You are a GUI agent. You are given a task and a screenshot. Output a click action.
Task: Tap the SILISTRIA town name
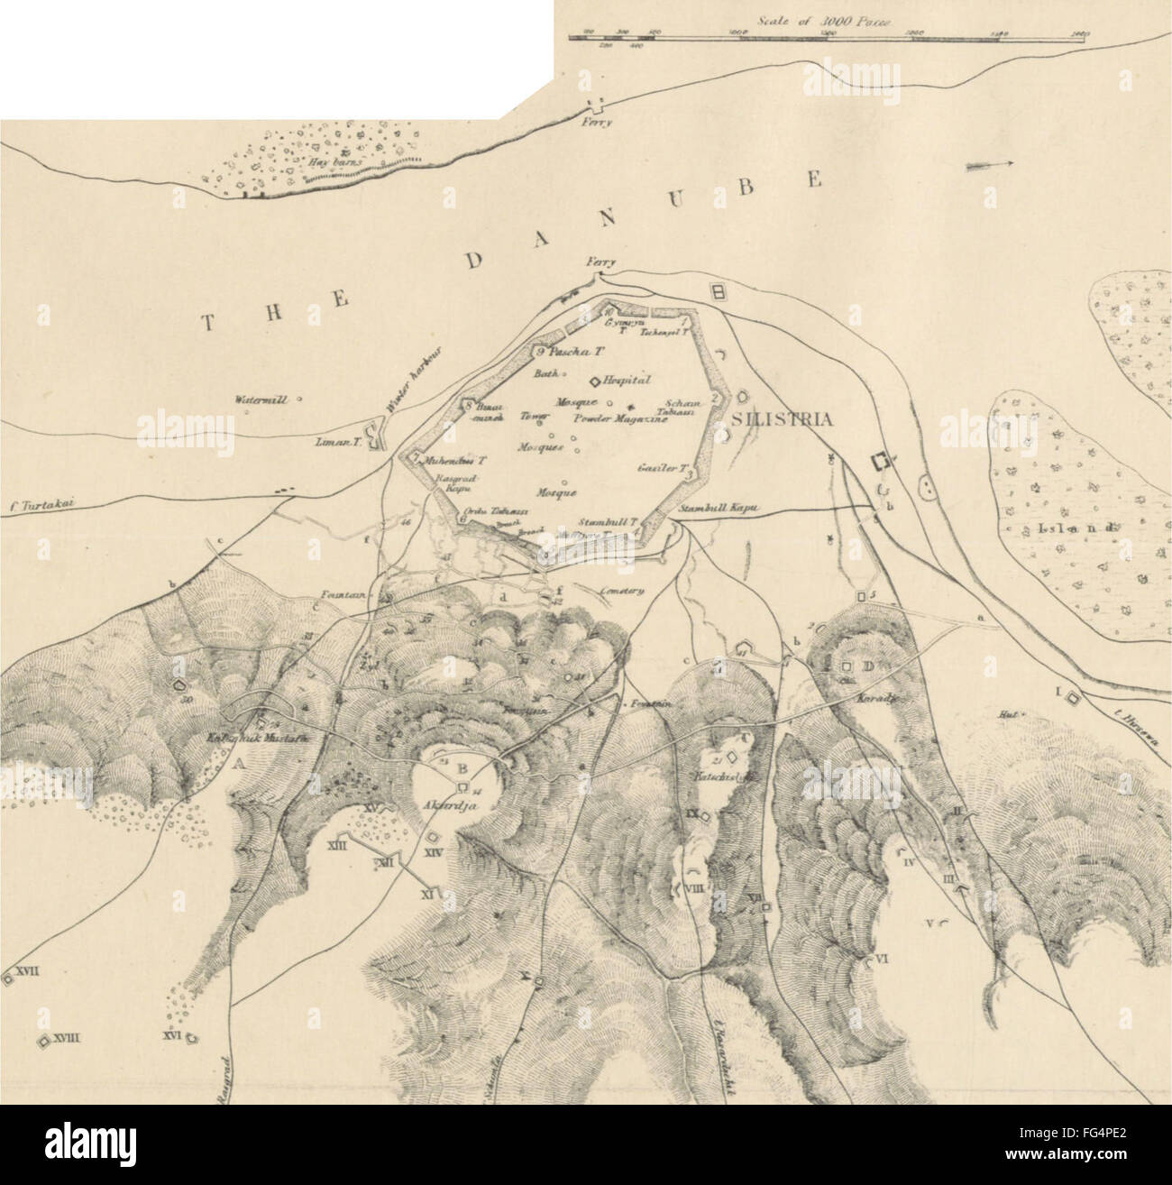[x=780, y=418]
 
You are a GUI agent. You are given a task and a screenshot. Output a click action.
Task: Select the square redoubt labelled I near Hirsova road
[x=1072, y=697]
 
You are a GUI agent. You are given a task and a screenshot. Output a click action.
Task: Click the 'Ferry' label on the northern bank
[x=597, y=124]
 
